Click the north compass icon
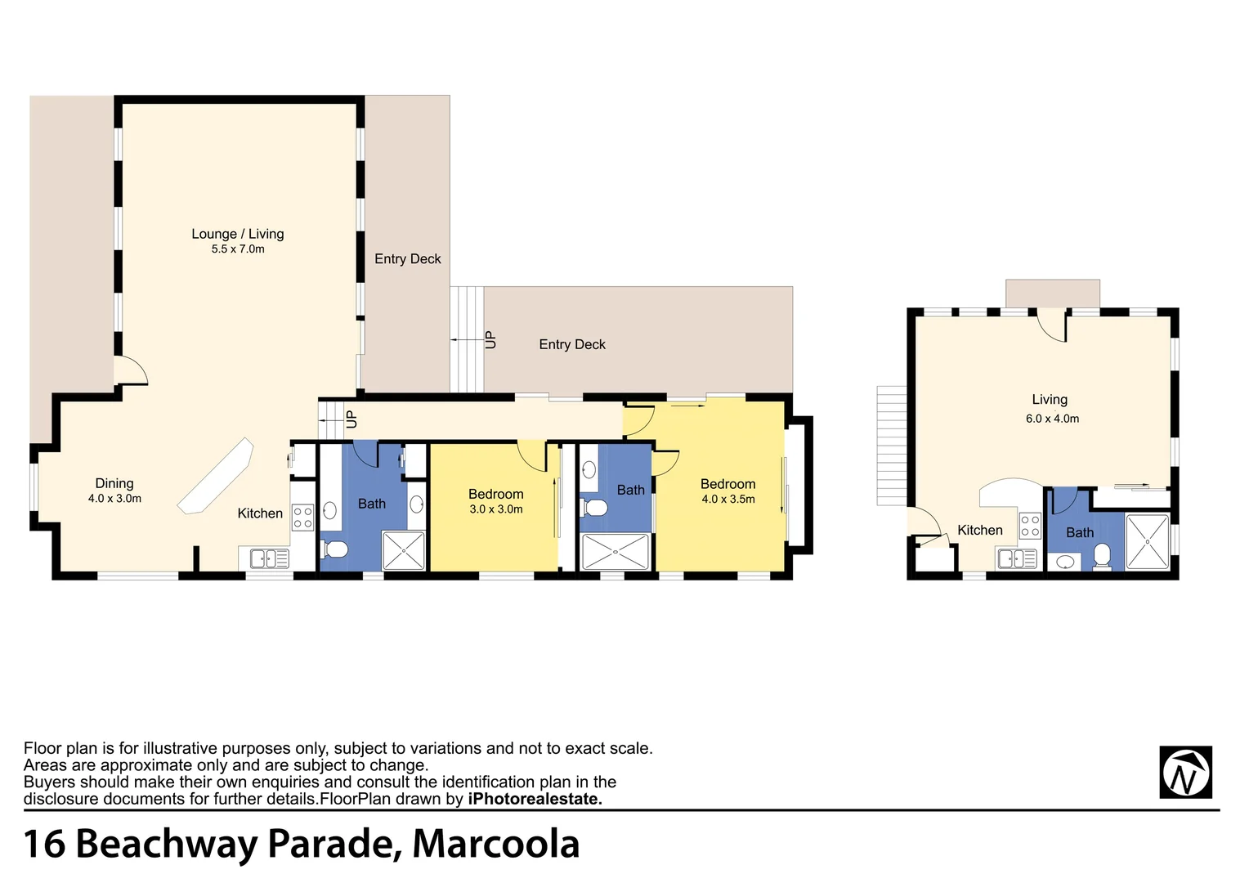click(x=1185, y=772)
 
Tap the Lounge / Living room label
click(x=238, y=234)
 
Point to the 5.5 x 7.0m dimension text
click(x=238, y=249)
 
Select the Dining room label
click(x=114, y=483)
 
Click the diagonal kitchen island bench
click(x=216, y=477)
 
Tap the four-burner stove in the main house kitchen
click(x=302, y=518)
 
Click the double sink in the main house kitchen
click(x=269, y=559)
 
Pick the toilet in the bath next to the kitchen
click(x=335, y=548)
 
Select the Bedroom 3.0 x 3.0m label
click(x=496, y=494)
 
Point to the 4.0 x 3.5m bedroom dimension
click(x=728, y=500)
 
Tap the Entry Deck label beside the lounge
click(x=407, y=259)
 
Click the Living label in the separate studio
click(x=1050, y=400)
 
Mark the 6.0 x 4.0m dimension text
click(x=1053, y=419)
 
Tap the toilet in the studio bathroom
click(x=1102, y=556)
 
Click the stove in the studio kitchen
click(x=1030, y=526)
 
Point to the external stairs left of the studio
click(x=892, y=445)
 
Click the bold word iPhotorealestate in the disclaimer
click(x=535, y=800)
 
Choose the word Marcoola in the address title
click(x=496, y=845)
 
